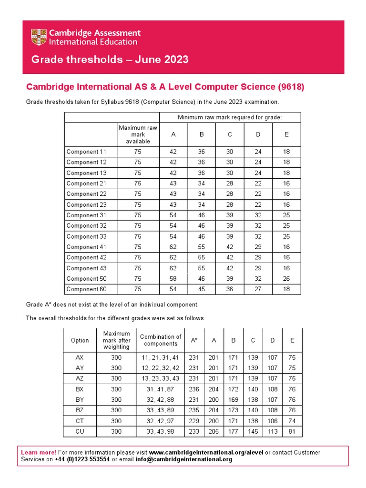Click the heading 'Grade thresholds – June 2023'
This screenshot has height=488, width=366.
coord(110,60)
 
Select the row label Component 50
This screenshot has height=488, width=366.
coord(86,279)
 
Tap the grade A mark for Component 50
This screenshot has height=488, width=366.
coord(173,279)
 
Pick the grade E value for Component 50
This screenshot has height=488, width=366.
coord(286,279)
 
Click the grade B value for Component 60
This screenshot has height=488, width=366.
coord(202,289)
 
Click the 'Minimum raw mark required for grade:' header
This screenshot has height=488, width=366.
coord(230,117)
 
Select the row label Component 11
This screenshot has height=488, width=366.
coord(86,152)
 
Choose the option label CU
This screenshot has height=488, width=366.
coord(80,431)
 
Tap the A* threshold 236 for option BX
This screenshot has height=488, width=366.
coord(194,389)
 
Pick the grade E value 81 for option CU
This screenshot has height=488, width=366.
coord(292,431)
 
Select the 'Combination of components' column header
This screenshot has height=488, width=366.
coord(161,340)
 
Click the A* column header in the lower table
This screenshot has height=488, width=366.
coord(194,340)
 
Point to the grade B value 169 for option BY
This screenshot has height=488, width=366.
coord(234,400)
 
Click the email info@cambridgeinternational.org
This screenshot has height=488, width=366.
coord(178,459)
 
